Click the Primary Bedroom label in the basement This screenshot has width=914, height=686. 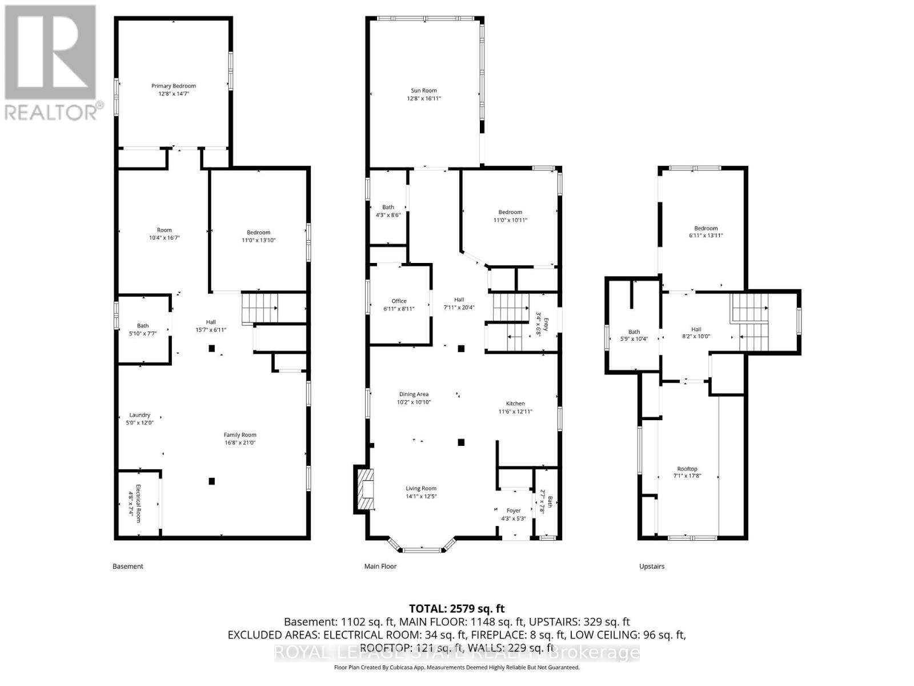pos(174,86)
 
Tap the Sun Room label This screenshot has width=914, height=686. pos(424,90)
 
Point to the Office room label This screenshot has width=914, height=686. pos(399,301)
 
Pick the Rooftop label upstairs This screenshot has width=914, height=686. pos(687,469)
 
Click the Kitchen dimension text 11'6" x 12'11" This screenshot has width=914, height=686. pos(515,412)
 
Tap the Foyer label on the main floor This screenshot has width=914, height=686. pos(514,510)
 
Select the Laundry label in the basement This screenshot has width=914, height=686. pos(139,415)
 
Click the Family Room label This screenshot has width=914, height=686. pos(240,434)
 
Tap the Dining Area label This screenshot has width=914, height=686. pos(414,394)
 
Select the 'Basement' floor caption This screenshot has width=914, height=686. pos(128,567)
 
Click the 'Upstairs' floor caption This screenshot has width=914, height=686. pos(652,567)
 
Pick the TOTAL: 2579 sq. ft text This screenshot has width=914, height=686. pos(457,608)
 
